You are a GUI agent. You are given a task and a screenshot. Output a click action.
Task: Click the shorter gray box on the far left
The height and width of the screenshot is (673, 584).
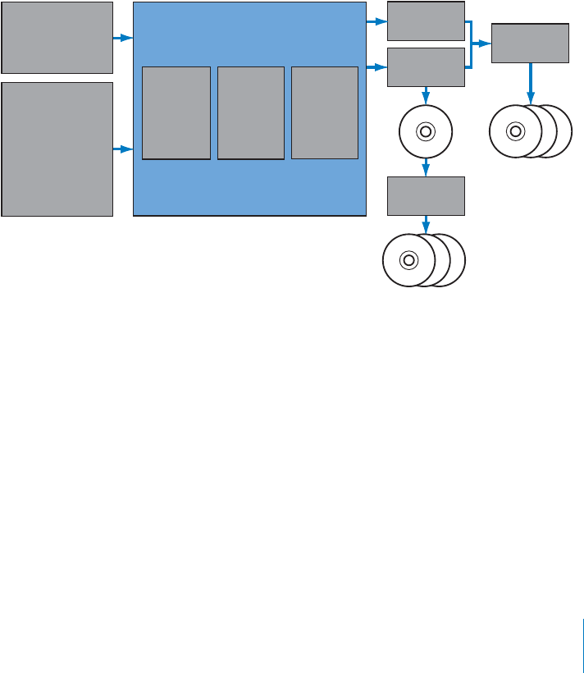(x=57, y=38)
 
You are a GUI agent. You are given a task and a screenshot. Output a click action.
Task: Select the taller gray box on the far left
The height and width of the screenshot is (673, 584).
(x=57, y=149)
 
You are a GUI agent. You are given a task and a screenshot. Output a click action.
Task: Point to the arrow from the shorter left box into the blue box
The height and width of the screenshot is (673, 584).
(x=122, y=38)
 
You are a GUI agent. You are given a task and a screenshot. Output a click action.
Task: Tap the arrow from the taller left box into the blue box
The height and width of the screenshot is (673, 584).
(x=122, y=149)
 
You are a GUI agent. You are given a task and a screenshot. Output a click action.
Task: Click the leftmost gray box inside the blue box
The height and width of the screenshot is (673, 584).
(x=176, y=112)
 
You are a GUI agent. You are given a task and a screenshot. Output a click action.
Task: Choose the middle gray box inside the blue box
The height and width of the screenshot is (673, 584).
(x=251, y=112)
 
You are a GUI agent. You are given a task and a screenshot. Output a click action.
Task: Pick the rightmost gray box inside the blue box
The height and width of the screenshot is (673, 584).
(x=325, y=112)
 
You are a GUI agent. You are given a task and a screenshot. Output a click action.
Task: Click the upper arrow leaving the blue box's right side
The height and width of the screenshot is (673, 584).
(x=376, y=21)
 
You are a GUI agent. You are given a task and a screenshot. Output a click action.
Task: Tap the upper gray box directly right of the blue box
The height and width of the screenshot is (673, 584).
(x=426, y=21)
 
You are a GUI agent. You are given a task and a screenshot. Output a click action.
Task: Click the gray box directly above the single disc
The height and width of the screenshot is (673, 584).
(x=426, y=66)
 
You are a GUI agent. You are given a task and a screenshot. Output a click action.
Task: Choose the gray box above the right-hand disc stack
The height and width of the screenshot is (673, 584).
(x=530, y=43)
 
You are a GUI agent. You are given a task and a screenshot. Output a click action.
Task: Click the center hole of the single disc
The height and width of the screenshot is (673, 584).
(x=425, y=131)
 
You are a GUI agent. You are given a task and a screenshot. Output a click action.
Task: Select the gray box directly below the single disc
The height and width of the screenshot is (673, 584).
(x=426, y=195)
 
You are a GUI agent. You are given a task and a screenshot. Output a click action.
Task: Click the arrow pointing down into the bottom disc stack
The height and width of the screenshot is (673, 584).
(x=426, y=224)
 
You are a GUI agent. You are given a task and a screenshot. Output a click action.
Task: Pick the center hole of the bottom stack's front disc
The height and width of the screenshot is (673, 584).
(x=408, y=260)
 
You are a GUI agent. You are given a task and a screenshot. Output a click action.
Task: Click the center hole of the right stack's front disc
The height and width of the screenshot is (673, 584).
(x=515, y=130)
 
